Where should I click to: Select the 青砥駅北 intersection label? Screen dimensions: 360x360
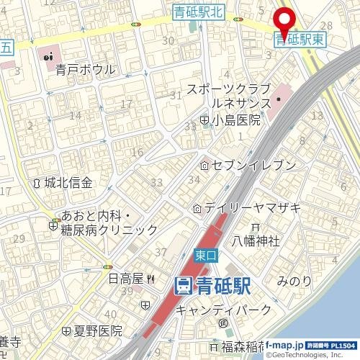(x=199, y=11)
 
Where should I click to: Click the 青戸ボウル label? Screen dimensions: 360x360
(x=85, y=69)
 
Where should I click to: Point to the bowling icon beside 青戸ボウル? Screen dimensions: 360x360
(x=48, y=55)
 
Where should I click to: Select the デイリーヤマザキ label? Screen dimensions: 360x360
(x=251, y=208)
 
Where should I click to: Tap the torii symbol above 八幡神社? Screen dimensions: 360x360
(x=254, y=227)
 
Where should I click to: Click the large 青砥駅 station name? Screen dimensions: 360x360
(x=222, y=286)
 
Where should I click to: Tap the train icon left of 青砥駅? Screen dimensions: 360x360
(x=183, y=286)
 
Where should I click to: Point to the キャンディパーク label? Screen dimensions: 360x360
(x=224, y=310)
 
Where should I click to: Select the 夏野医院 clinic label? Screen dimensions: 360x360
(x=99, y=331)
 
